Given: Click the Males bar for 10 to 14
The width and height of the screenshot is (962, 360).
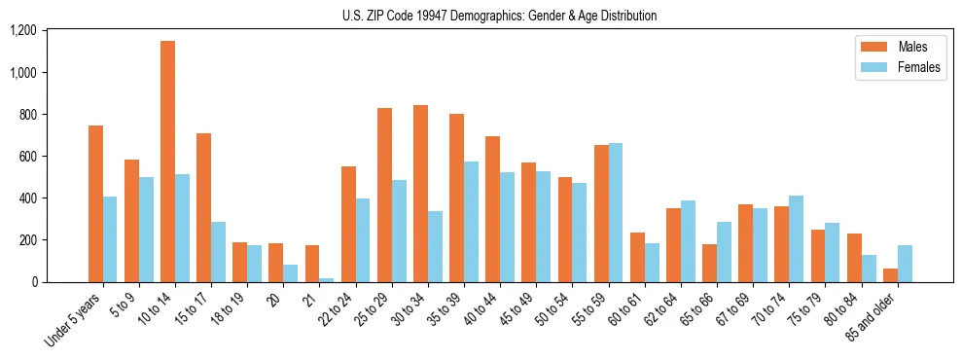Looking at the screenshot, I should coord(167,162).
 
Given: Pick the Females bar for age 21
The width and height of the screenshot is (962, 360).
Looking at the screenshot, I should coord(327,280).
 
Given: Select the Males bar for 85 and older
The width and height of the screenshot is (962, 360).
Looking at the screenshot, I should coord(890,275).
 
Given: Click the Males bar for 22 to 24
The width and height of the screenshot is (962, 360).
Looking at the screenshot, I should coord(348,224).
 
